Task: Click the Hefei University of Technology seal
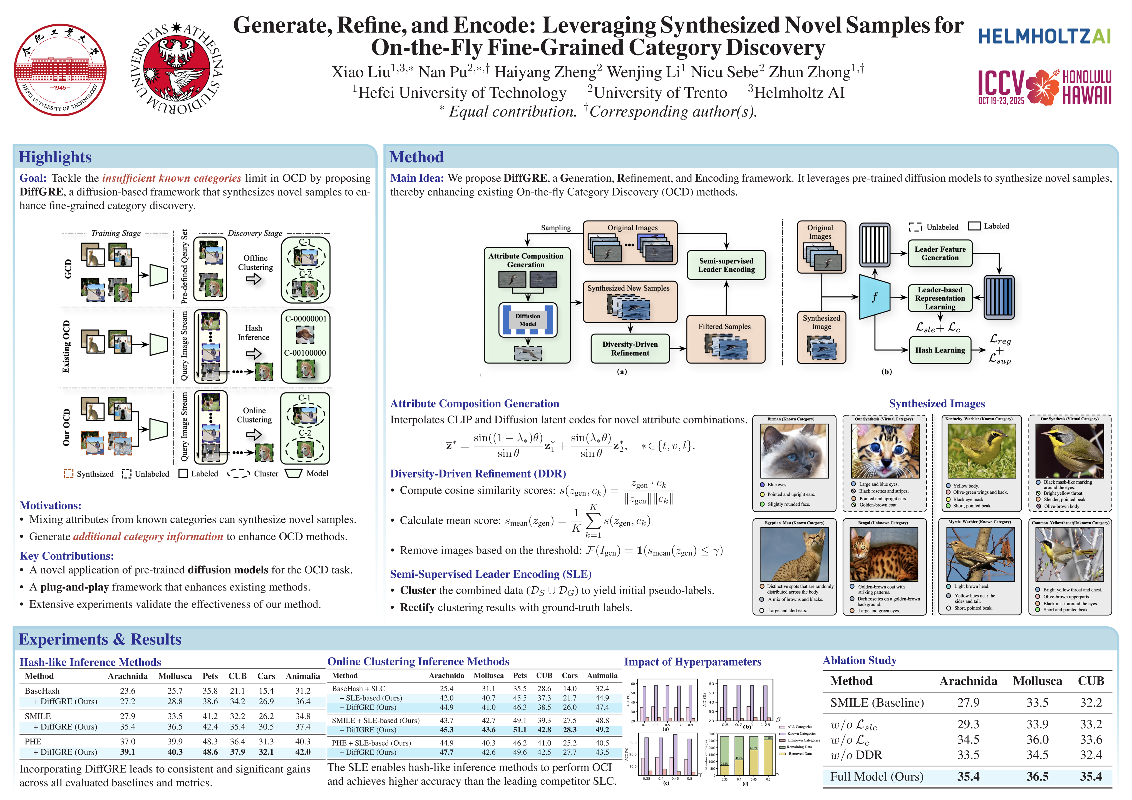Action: tap(60, 70)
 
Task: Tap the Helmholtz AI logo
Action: tap(1044, 36)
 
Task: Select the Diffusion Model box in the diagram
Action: tap(528, 320)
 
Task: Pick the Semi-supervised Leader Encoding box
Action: tap(726, 265)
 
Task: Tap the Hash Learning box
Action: tap(940, 350)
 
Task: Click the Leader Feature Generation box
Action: tap(940, 253)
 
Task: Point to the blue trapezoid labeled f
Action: tap(874, 297)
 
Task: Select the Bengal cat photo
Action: tap(884, 554)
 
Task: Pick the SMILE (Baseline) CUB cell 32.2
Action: tap(1091, 702)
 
